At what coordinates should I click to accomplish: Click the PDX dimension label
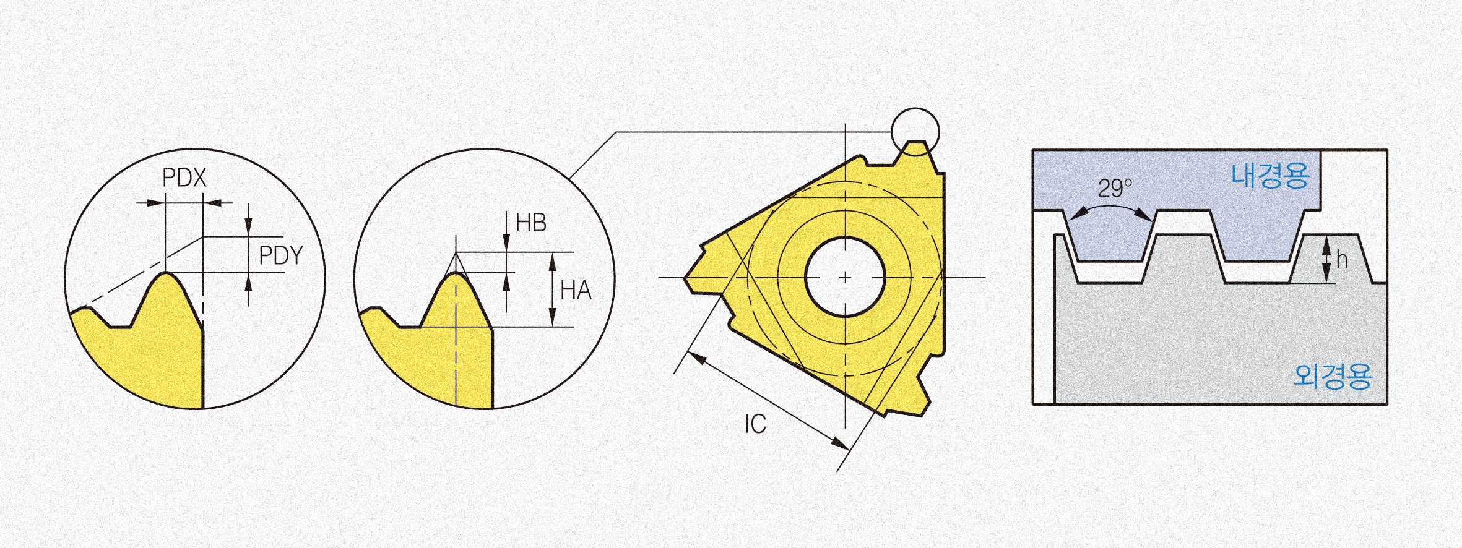tap(184, 178)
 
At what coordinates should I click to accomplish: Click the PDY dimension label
tap(281, 255)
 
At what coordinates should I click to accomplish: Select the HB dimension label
tap(531, 223)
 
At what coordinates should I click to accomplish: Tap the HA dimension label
tap(576, 289)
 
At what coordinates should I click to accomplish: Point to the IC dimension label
tap(755, 424)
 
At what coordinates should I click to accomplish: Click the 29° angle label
tap(1115, 188)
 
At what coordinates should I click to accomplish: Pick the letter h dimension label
tap(1341, 260)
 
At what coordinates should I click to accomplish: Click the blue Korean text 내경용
tap(1271, 176)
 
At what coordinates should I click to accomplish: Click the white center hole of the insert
tap(846, 278)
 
